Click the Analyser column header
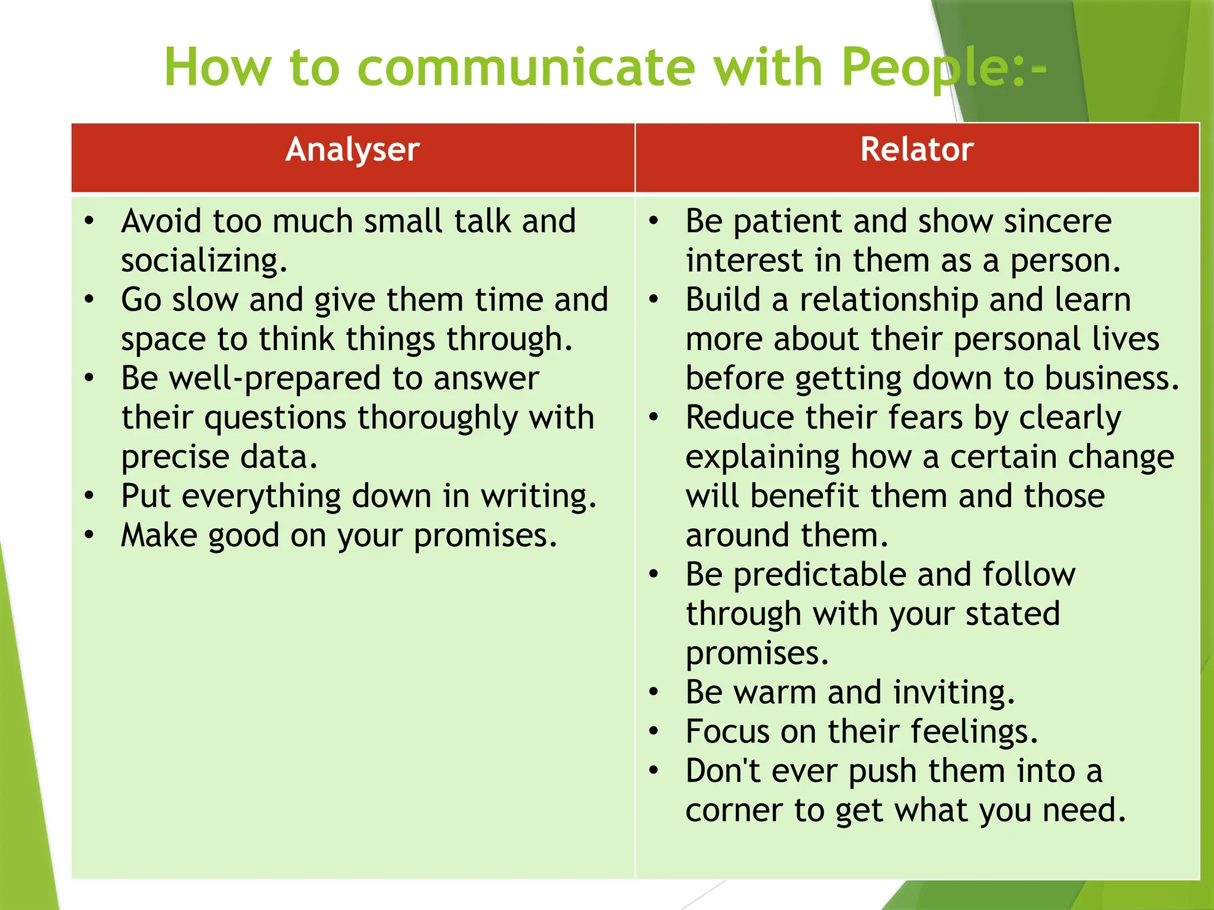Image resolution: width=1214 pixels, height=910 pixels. tap(353, 149)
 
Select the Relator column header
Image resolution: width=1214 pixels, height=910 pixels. tap(916, 149)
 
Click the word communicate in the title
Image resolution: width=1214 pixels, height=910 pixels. tap(526, 67)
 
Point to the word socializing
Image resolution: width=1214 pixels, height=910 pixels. tap(204, 261)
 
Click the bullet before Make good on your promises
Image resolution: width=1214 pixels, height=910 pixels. tap(89, 535)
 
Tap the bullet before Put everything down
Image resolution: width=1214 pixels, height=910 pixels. tap(89, 495)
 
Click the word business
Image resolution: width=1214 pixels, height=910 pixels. tap(1111, 379)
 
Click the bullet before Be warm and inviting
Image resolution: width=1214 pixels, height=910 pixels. tap(654, 692)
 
